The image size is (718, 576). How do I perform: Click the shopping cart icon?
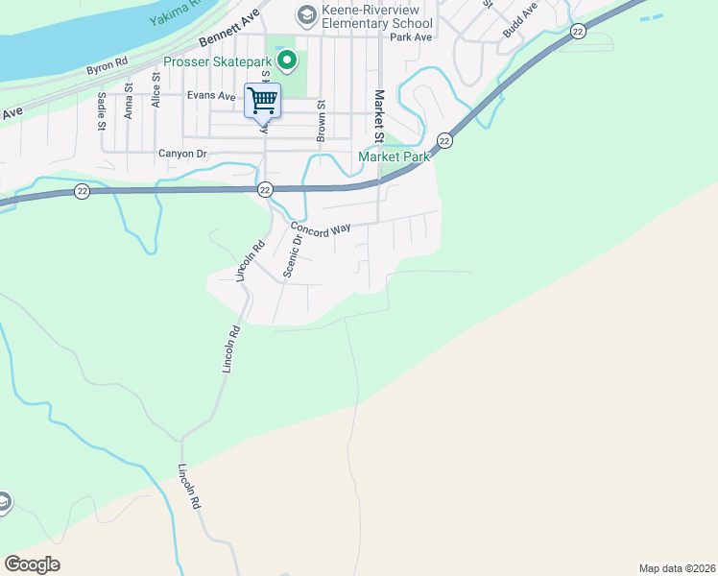262,100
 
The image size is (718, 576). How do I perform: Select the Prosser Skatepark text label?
218,62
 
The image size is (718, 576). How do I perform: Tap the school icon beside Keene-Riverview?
305,13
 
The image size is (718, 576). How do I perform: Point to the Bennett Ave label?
230,31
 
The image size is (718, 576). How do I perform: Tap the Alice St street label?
154,104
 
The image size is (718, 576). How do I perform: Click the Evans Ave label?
211,96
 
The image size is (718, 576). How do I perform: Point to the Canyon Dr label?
182,153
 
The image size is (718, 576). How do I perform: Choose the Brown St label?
322,120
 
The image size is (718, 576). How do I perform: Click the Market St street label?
380,114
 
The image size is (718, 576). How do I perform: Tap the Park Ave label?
414,37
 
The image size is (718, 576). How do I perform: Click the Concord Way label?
321,230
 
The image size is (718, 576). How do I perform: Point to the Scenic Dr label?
294,254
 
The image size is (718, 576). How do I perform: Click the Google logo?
32,564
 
